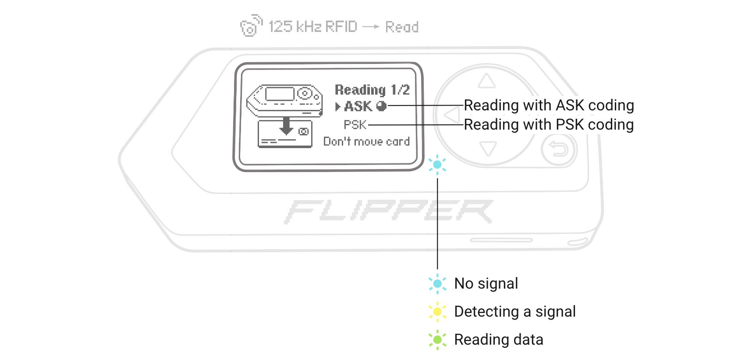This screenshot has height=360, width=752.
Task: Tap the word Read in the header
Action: point(401,27)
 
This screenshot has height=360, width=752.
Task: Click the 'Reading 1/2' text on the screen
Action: point(372,90)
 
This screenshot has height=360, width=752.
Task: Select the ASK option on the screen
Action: point(358,106)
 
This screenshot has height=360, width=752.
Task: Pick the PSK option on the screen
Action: point(355,125)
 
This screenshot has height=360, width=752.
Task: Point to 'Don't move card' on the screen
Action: point(366,141)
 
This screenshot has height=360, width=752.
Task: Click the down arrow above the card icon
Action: point(286,125)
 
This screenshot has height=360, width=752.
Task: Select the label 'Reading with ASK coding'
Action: point(549,106)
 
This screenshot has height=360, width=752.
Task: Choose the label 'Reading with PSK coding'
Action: point(549,125)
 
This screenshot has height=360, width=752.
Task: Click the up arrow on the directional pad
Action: point(486,81)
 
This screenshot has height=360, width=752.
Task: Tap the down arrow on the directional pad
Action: point(488,148)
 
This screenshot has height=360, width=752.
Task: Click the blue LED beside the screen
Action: point(437,165)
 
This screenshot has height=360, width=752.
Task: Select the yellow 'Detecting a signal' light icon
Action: point(437,311)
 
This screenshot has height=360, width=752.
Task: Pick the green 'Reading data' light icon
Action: point(437,339)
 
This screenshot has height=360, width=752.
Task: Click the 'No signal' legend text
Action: point(486,284)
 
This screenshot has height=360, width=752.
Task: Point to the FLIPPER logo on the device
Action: point(388,212)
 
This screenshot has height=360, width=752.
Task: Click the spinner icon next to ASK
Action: point(381,106)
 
